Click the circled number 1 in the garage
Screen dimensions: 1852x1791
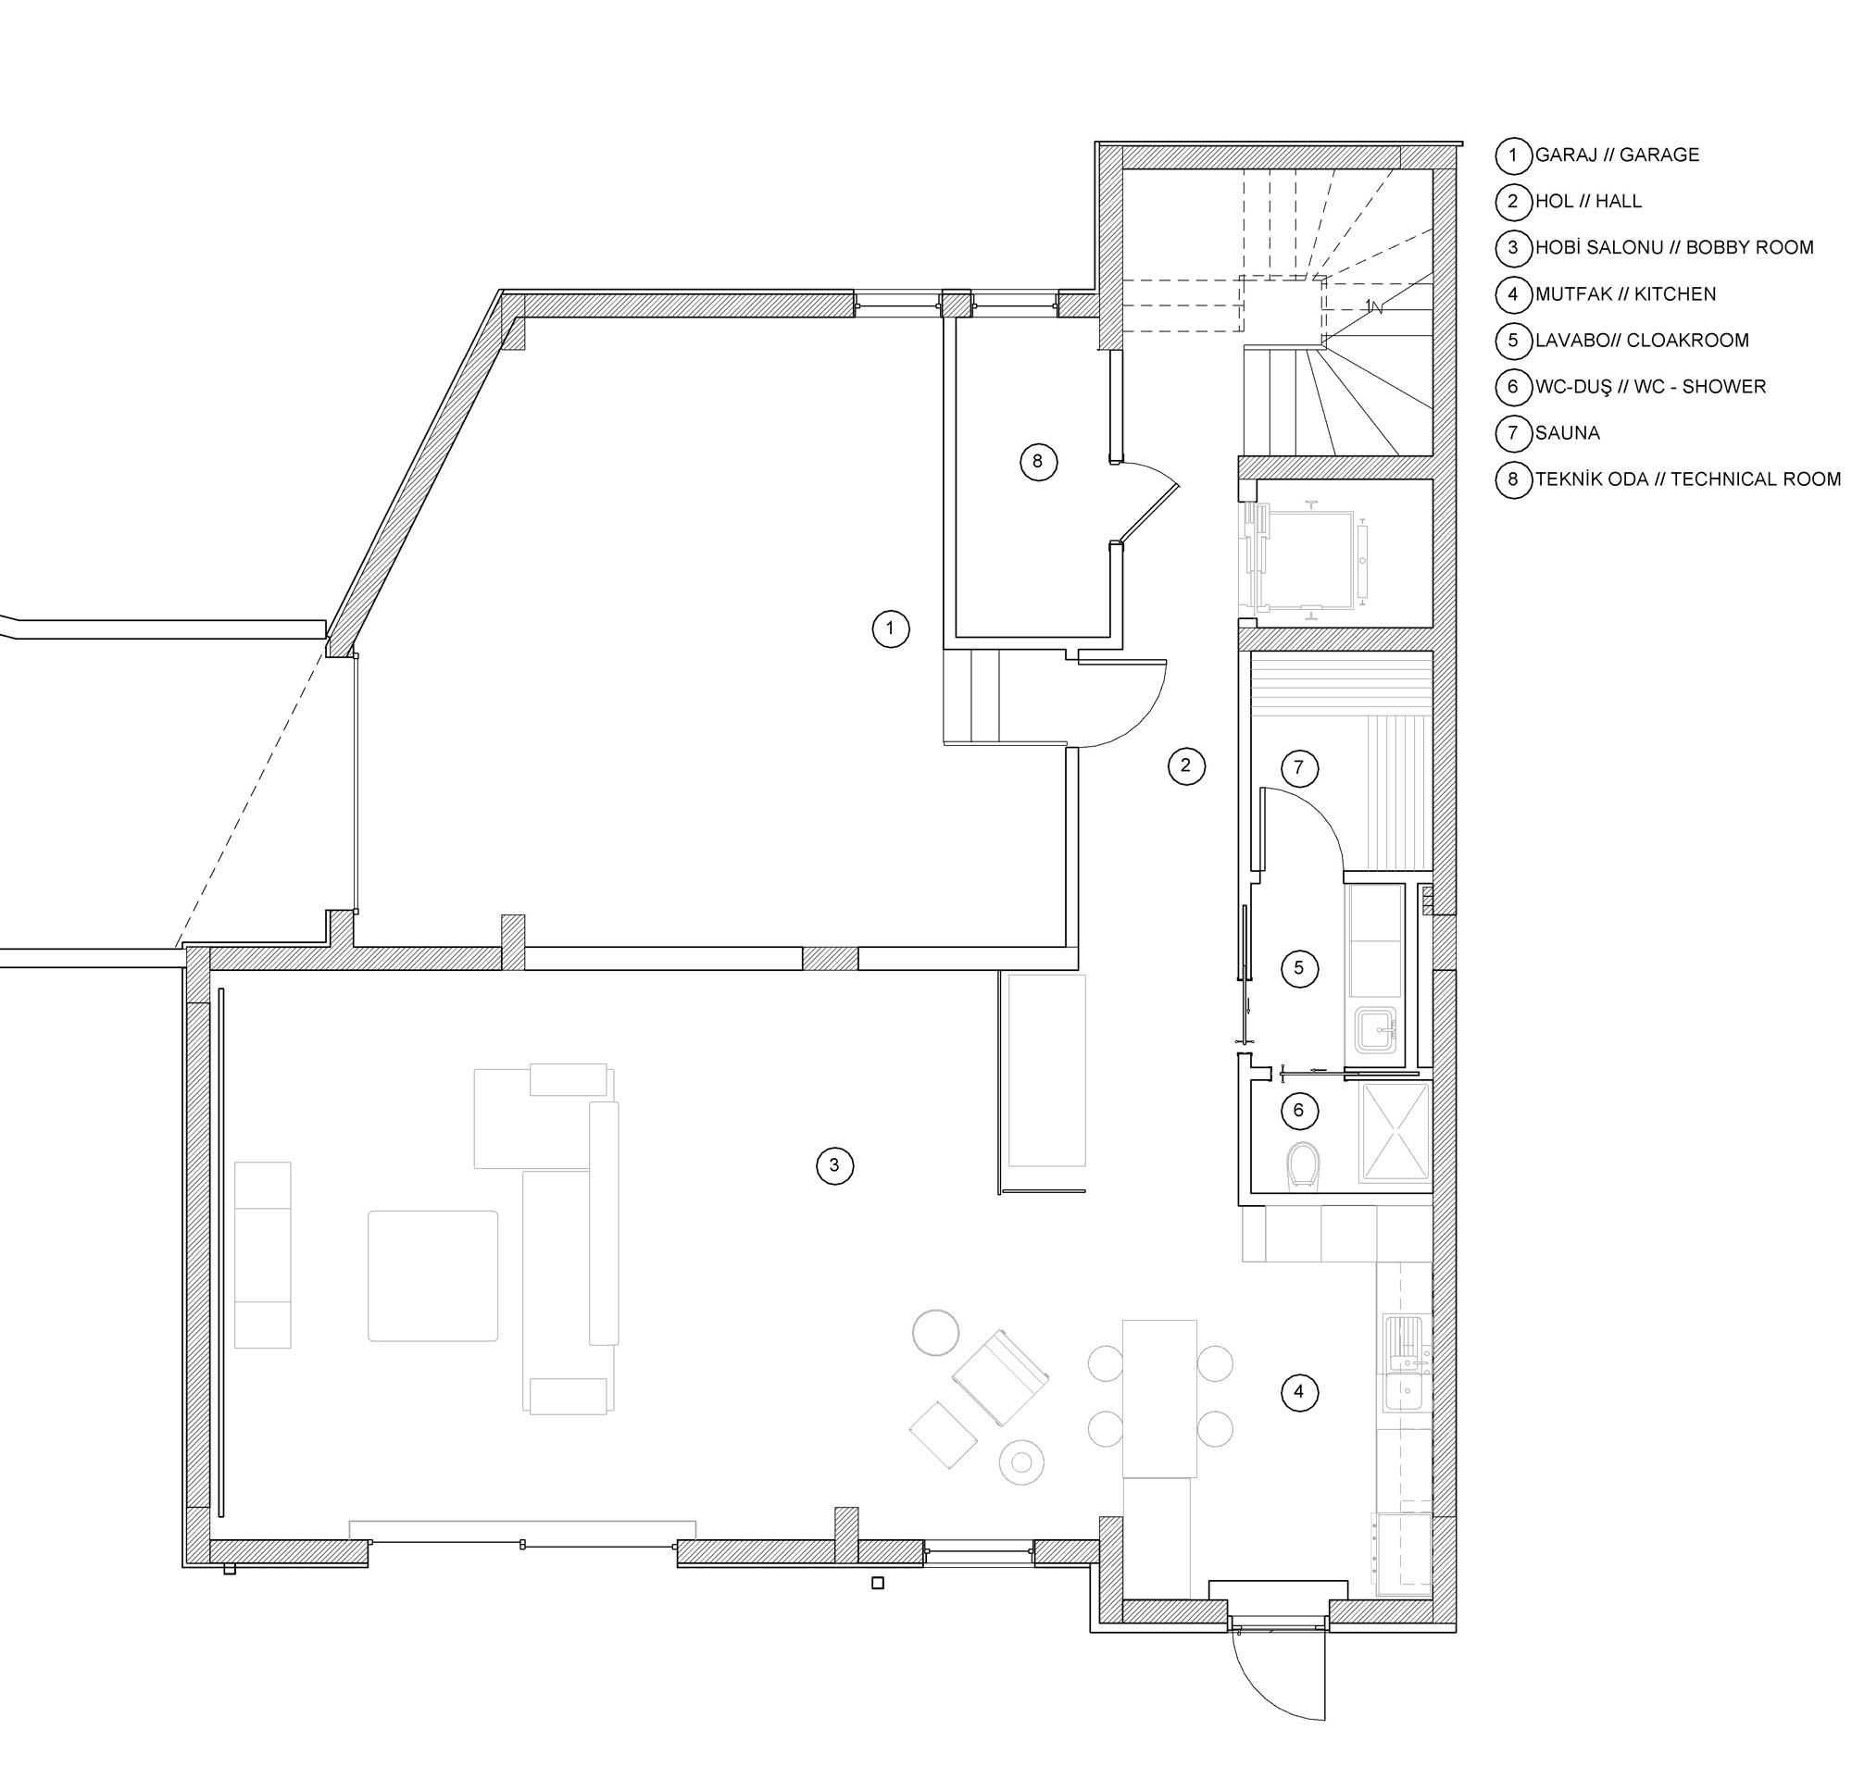[890, 629]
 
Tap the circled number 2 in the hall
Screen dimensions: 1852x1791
[1186, 765]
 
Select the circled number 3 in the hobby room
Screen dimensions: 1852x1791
[834, 1165]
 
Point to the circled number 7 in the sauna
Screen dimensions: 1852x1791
[1299, 768]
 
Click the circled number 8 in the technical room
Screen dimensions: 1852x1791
[1038, 462]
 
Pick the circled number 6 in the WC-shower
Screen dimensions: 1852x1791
[1298, 1110]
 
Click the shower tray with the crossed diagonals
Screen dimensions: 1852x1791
[1395, 1131]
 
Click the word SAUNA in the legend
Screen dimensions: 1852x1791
[1568, 432]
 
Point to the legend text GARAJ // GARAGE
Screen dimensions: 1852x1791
[1617, 155]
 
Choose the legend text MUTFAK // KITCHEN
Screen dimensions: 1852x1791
[1625, 293]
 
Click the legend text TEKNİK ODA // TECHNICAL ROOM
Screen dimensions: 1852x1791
[1687, 479]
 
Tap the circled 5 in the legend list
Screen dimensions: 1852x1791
[1513, 340]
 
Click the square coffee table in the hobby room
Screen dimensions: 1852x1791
[432, 1276]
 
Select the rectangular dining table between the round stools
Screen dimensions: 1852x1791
[1159, 1398]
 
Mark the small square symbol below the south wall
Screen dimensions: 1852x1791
[878, 1583]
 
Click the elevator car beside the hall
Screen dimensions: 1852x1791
[1309, 560]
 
